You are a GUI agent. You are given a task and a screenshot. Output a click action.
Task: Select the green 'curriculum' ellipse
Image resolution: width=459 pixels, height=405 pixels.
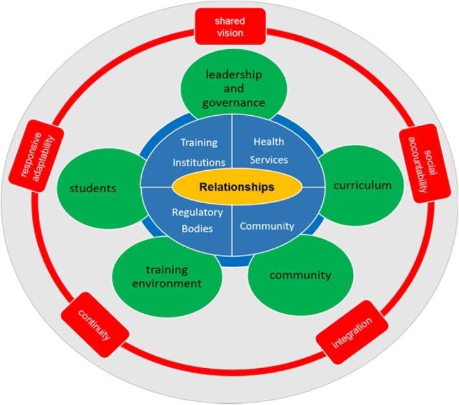pyautogui.click(x=362, y=186)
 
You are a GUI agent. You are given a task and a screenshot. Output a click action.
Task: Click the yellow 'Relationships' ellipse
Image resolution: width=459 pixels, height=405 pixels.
pyautogui.click(x=232, y=188)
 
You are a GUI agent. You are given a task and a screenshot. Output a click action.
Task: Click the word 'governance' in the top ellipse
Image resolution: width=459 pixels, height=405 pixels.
pyautogui.click(x=231, y=102)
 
